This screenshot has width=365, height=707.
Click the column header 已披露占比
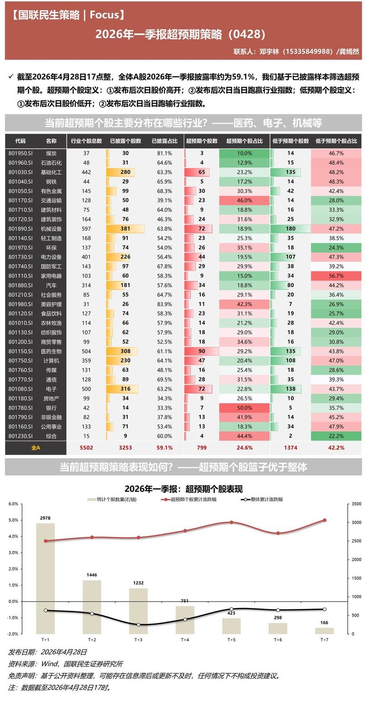164,141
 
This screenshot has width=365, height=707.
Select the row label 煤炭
51,153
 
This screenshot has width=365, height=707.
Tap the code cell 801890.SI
21,229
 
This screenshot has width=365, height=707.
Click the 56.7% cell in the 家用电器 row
336,276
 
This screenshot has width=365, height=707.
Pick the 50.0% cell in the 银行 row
245,408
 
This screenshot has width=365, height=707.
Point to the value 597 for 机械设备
86,229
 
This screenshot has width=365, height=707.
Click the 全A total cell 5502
86,448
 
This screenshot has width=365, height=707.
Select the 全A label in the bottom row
36,448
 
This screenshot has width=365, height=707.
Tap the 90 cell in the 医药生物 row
202,351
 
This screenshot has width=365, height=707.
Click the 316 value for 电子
125,389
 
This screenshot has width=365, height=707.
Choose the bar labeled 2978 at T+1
46,579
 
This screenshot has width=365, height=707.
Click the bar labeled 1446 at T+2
92,607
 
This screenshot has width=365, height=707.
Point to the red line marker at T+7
324,520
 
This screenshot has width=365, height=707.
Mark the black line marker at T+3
139,625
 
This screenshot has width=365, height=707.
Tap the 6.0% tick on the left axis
13,504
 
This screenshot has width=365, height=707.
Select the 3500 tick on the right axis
356,504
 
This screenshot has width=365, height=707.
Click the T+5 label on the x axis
231,639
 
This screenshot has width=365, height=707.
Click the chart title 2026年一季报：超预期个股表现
183,489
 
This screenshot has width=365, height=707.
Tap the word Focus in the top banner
104,15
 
